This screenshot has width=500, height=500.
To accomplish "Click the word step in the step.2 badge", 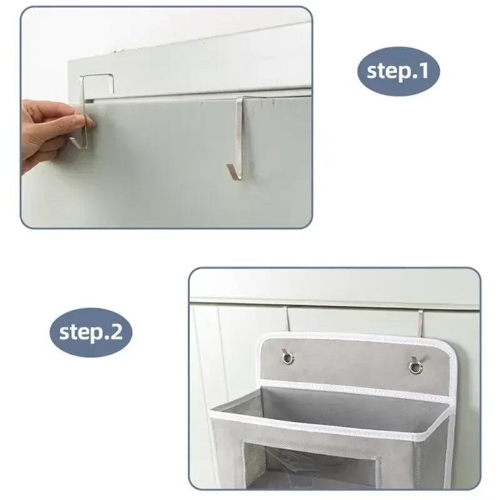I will click(x=81, y=332).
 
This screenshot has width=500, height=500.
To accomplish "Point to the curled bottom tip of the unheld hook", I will click(x=233, y=173).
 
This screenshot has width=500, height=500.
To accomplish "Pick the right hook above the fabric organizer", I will click(x=421, y=322).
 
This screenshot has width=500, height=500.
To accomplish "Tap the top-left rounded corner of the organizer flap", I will click(x=264, y=339).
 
